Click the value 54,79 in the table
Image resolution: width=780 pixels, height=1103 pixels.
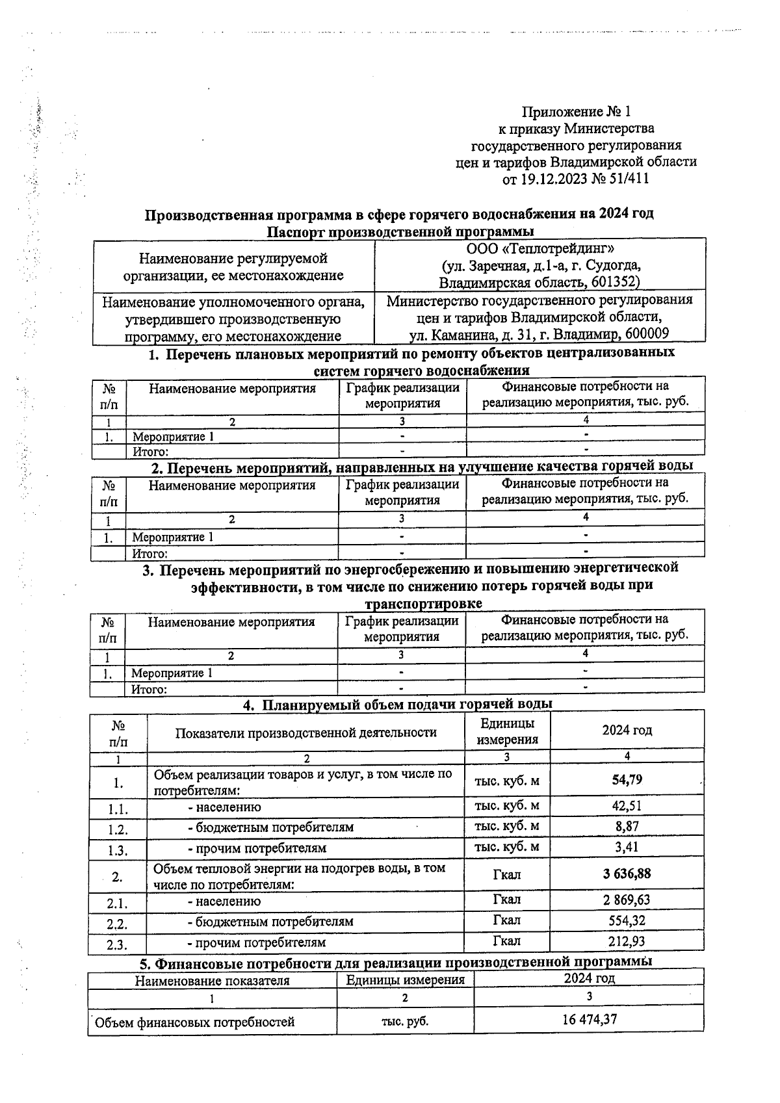pyautogui.click(x=627, y=779)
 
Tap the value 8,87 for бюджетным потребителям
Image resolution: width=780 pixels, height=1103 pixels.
pyautogui.click(x=627, y=827)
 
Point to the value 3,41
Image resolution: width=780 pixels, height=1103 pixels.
pyautogui.click(x=627, y=847)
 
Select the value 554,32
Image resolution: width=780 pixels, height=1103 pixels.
pyautogui.click(x=627, y=920)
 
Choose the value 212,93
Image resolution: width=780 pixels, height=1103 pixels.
pyautogui.click(x=627, y=941)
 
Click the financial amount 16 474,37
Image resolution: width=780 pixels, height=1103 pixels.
pyautogui.click(x=589, y=1019)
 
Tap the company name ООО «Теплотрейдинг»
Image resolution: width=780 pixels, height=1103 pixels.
pyautogui.click(x=540, y=248)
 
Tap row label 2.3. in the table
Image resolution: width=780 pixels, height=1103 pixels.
pyautogui.click(x=117, y=944)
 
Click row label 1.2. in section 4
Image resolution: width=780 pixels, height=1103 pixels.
pyautogui.click(x=118, y=830)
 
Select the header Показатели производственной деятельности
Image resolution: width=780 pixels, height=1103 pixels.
pyautogui.click(x=305, y=733)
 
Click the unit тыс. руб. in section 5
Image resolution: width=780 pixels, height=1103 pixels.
pyautogui.click(x=404, y=1022)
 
